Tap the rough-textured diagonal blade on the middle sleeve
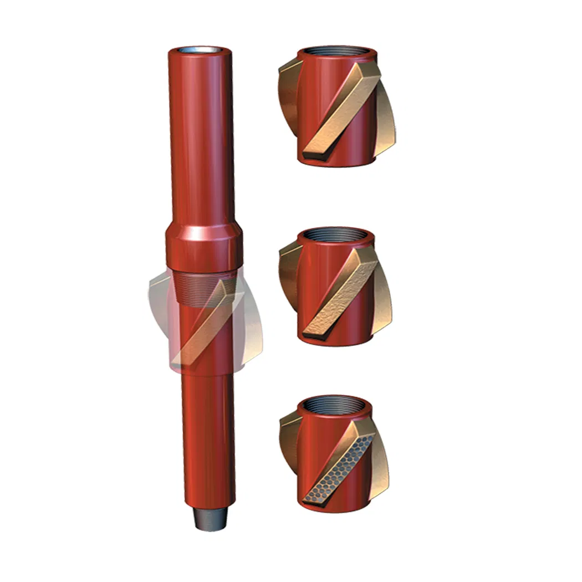pos(338,294)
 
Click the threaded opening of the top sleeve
pos(337,54)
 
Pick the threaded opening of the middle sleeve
pos(336,233)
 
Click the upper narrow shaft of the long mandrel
pos(201,139)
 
